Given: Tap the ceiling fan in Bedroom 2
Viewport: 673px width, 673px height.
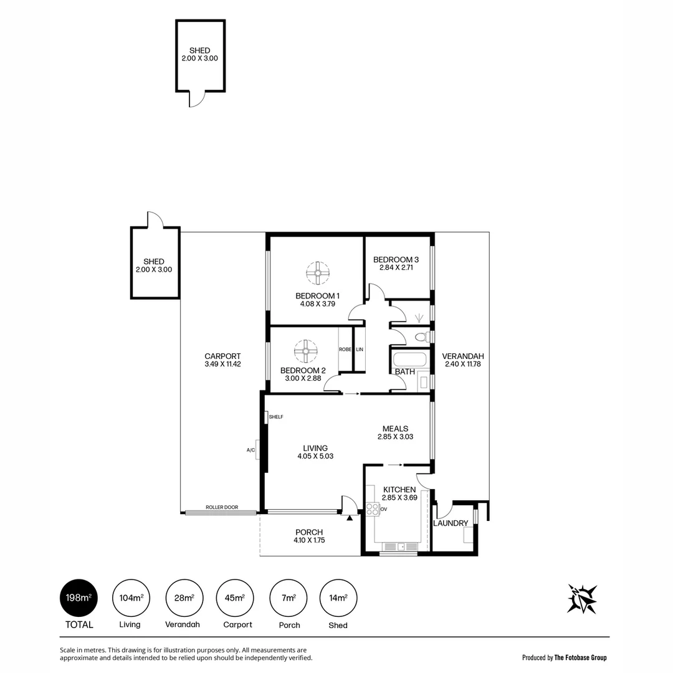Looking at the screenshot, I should click(306, 351).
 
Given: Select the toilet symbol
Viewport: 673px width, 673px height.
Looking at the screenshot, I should click(421, 337).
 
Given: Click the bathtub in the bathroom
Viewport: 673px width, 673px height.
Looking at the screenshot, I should click(409, 360).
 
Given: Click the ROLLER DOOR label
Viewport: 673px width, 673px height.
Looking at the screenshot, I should click(222, 507).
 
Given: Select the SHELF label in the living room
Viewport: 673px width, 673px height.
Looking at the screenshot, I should click(276, 417).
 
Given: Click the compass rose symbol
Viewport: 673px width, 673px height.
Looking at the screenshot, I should click(582, 599).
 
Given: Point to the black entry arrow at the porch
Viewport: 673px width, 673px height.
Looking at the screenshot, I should click(350, 517).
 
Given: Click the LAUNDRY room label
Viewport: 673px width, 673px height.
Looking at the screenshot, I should click(450, 523).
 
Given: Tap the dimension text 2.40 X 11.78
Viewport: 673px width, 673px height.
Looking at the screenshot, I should click(463, 364).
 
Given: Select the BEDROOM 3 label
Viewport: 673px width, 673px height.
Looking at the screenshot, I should click(396, 259).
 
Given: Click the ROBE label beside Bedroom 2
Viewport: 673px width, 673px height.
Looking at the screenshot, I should click(344, 350).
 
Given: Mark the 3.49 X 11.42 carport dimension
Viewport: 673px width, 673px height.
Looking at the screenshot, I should click(222, 364).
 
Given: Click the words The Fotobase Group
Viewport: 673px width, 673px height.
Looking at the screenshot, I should click(580, 657).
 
